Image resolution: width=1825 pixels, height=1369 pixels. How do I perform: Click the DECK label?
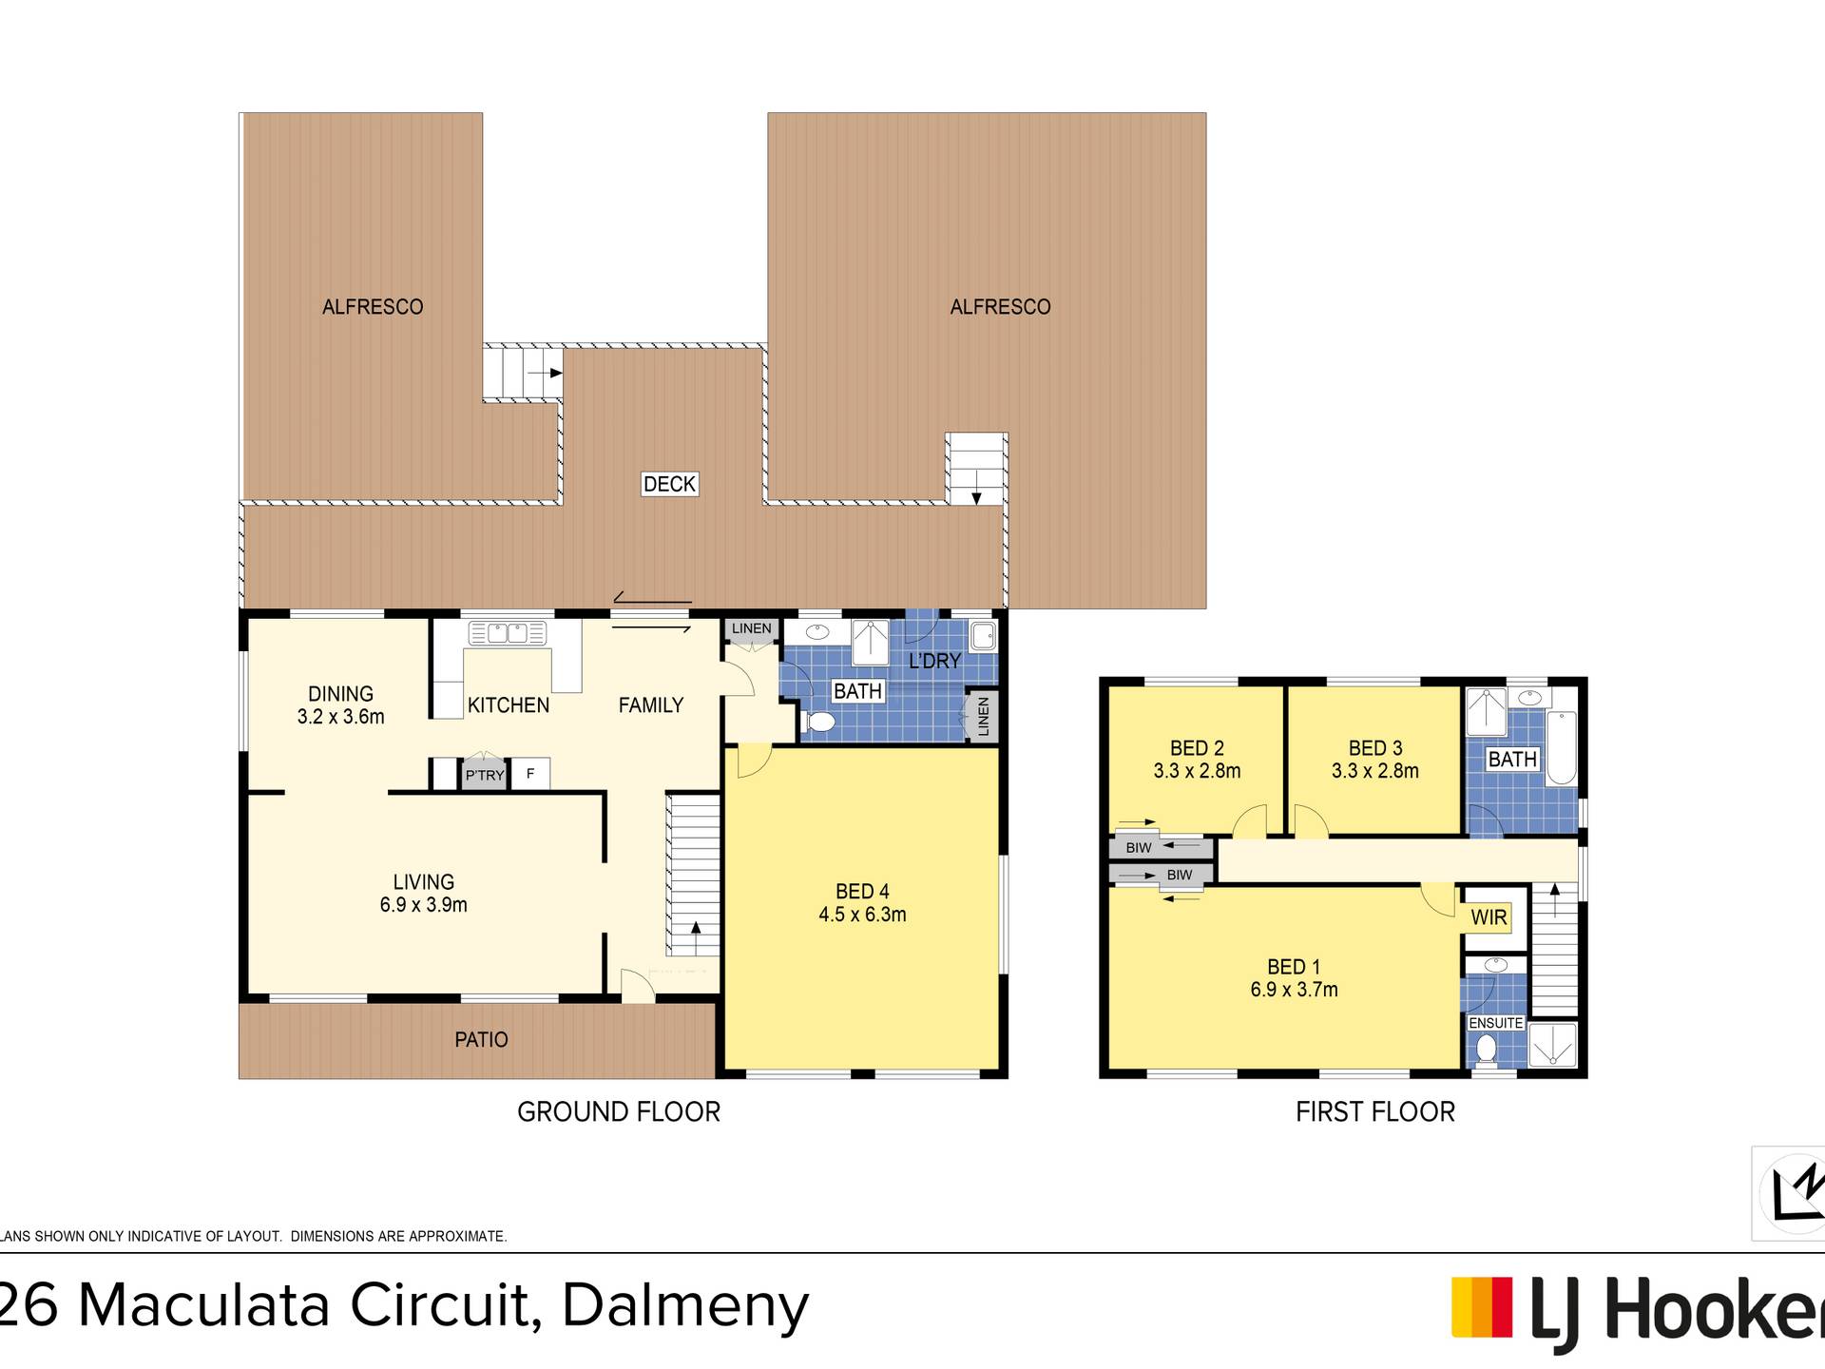pos(669,484)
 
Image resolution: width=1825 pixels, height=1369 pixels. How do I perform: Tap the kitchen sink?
pos(508,633)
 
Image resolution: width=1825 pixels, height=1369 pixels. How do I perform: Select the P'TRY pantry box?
pos(485,775)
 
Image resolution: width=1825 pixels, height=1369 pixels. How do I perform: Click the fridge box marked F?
pos(530,774)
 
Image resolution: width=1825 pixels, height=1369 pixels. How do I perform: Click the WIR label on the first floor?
pos(1489,917)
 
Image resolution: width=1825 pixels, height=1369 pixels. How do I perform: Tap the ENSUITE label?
pos(1496,1023)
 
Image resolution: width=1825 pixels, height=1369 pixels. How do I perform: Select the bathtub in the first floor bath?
pos(1562,748)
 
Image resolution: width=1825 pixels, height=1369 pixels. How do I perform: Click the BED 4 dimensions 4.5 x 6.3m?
pos(862,915)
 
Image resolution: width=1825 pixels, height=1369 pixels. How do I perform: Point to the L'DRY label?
pos(935,661)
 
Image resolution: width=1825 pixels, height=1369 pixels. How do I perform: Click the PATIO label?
pos(481,1040)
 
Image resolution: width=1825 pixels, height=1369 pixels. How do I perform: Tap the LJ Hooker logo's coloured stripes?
pos(1481,1308)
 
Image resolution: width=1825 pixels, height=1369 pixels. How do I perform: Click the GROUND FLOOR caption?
pos(619,1111)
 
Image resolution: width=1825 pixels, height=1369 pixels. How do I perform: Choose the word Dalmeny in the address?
pos(685,1306)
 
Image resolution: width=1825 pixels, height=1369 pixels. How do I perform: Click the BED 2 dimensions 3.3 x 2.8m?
pos(1197,771)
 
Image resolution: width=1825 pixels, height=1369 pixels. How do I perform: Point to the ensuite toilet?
pos(1486,1049)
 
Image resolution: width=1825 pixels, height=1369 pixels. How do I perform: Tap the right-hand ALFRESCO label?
pos(1000,307)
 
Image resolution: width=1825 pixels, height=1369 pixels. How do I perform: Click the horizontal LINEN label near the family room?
pos(752,628)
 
